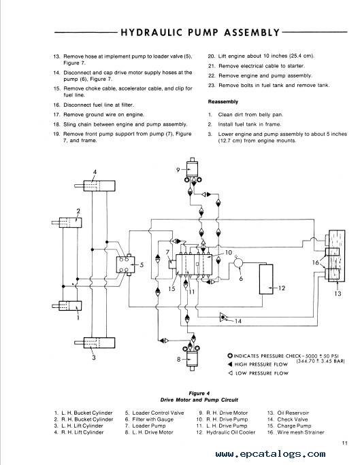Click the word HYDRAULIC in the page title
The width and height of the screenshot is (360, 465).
point(151,32)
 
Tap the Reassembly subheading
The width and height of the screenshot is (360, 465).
point(223,102)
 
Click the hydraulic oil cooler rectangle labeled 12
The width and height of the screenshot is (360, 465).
point(266,279)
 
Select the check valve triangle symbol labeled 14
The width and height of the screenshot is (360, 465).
point(223,317)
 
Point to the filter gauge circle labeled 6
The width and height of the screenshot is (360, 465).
point(238,262)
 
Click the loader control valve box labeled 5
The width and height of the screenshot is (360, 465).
point(125,264)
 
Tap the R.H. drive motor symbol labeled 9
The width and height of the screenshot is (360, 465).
point(193,169)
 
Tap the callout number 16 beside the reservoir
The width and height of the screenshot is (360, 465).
point(316,262)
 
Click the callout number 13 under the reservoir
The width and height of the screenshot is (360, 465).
point(338,293)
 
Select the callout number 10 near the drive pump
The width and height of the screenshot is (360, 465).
point(228,252)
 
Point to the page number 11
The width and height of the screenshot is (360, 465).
point(344,443)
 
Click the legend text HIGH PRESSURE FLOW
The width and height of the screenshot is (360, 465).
point(261,364)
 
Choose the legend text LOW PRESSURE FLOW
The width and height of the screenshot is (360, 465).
point(262,373)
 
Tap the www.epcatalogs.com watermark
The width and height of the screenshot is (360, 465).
point(270,453)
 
